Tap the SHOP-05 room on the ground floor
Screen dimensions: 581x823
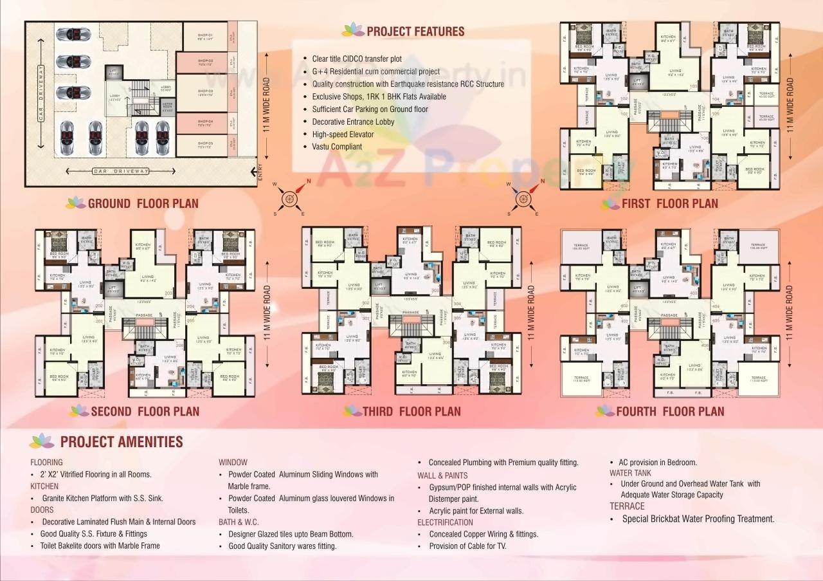tap(205, 145)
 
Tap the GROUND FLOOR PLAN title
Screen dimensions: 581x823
tap(143, 204)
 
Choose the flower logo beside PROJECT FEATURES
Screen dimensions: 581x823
tap(352, 30)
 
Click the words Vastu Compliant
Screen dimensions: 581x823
tap(337, 147)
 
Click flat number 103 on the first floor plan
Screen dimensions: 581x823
tap(693, 86)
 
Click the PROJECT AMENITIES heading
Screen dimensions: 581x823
tap(122, 442)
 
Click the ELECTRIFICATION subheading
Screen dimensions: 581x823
tap(445, 522)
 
